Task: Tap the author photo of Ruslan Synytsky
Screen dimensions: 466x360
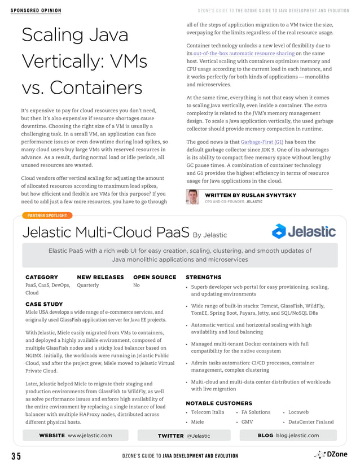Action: (x=192, y=197)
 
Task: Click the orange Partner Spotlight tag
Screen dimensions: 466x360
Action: (x=47, y=215)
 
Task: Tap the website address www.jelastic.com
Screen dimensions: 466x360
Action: (x=90, y=436)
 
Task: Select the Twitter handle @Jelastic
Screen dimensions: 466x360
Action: (x=198, y=436)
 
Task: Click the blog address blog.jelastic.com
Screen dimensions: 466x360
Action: (x=297, y=436)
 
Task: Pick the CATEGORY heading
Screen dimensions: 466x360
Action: (x=42, y=277)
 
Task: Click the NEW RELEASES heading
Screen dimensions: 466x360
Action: (x=100, y=277)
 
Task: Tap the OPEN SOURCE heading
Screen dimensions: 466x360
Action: (x=155, y=277)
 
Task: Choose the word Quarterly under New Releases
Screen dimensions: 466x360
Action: (x=87, y=285)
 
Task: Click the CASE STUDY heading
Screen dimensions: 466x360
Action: (x=44, y=304)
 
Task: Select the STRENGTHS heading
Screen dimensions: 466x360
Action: (x=203, y=277)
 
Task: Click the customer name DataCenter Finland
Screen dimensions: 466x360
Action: (x=311, y=422)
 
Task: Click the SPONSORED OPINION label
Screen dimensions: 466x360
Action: (x=36, y=11)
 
